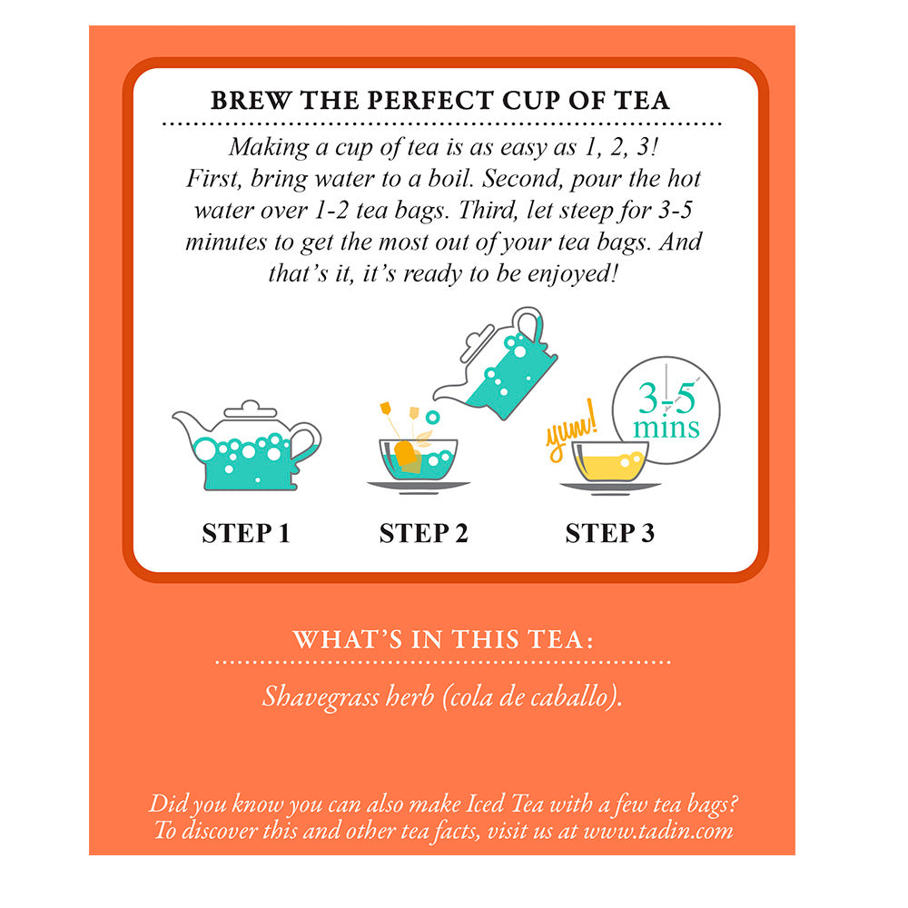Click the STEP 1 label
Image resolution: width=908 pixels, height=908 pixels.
click(x=246, y=533)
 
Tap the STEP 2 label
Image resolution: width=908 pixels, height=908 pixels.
click(x=423, y=533)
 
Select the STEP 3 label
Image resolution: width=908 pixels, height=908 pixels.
click(x=610, y=533)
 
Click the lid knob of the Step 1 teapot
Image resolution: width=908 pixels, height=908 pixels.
click(x=251, y=404)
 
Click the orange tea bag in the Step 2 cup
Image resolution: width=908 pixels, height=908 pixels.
click(x=405, y=453)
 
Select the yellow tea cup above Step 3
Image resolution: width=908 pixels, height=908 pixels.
click(x=610, y=462)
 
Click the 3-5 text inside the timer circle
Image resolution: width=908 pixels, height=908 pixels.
click(x=666, y=399)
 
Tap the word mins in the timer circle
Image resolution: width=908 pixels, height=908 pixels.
click(x=666, y=428)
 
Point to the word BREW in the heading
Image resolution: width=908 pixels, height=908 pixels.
click(x=251, y=100)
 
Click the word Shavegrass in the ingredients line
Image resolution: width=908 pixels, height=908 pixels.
click(x=321, y=696)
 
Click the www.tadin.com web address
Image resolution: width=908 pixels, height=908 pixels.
click(x=658, y=831)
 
